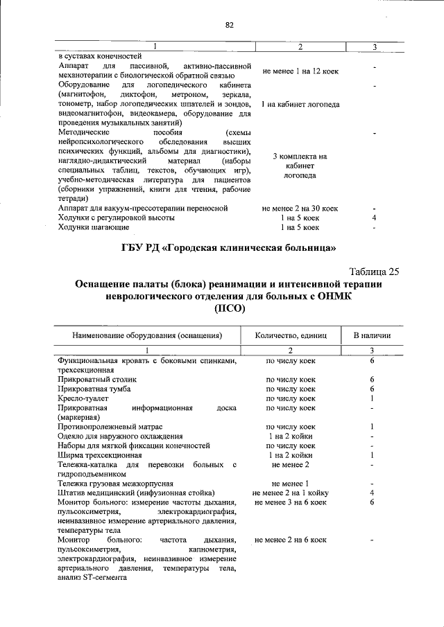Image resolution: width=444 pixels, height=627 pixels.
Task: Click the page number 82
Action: click(x=229, y=25)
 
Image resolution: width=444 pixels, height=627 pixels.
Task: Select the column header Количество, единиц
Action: click(x=291, y=335)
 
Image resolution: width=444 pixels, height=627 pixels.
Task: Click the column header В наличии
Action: click(x=372, y=335)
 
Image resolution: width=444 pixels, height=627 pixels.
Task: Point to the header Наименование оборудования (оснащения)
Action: click(x=147, y=335)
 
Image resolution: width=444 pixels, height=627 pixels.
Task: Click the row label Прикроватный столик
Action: click(x=98, y=380)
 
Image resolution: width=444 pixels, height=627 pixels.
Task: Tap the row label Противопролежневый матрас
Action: click(x=110, y=427)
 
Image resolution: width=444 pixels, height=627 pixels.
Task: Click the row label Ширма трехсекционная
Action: click(x=100, y=455)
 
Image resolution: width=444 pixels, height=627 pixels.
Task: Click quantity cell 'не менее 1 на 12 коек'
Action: click(x=300, y=71)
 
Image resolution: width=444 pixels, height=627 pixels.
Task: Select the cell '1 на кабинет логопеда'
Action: click(x=300, y=105)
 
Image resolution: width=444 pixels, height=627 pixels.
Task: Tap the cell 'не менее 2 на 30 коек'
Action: click(x=300, y=208)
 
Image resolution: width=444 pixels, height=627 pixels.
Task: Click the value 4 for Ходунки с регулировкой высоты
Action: click(x=374, y=218)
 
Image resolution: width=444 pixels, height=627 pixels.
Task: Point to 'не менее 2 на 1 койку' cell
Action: click(x=291, y=493)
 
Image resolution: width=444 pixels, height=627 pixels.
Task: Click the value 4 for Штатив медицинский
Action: click(x=373, y=493)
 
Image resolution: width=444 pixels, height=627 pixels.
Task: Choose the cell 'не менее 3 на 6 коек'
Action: click(x=291, y=502)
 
